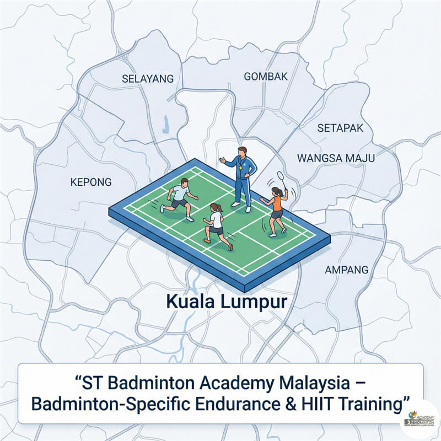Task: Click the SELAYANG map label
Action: pyautogui.click(x=147, y=79)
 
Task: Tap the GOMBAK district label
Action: pyautogui.click(x=266, y=77)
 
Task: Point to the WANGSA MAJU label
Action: pyautogui.click(x=336, y=158)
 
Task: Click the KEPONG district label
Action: pyautogui.click(x=91, y=182)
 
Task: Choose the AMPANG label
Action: pyautogui.click(x=346, y=270)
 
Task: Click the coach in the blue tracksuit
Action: pyautogui.click(x=241, y=176)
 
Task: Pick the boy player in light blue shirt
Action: pyautogui.click(x=179, y=198)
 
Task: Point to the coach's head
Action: pyautogui.click(x=241, y=152)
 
